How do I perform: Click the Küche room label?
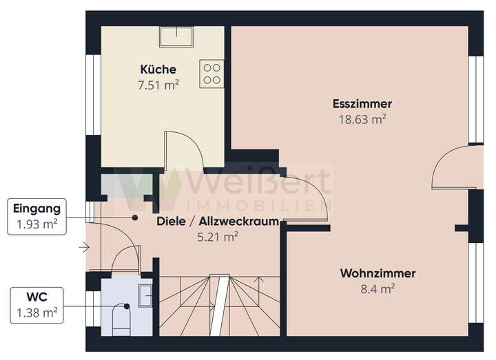158,70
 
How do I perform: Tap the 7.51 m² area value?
158,85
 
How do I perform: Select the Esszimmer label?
362,104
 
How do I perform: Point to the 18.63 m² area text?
362,119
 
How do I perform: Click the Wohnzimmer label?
378,273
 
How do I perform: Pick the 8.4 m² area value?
378,288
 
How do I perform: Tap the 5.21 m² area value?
218,236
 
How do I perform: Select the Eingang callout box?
37,216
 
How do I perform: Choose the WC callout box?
37,305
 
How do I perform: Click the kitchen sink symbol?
176,35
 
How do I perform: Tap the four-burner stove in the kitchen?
212,74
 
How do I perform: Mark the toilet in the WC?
121,316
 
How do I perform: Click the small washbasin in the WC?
146,295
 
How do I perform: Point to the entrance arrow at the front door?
85,246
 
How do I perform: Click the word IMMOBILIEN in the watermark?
258,205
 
